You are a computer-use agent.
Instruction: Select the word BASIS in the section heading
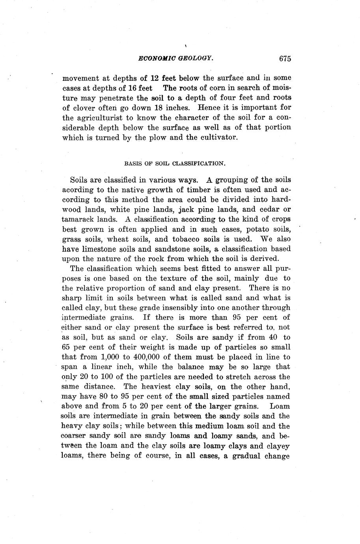click(x=132, y=163)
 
